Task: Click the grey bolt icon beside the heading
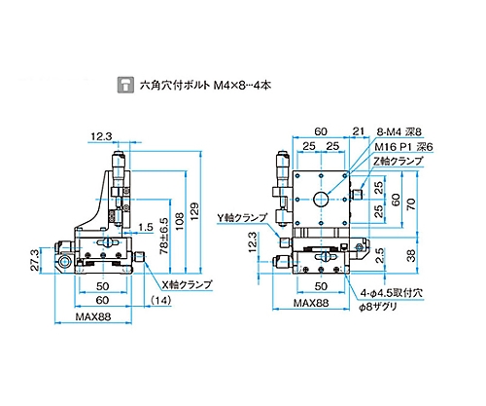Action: (125, 85)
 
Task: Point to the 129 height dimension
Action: (194, 211)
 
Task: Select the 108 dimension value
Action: (179, 222)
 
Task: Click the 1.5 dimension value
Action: (146, 227)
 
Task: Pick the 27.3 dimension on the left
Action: (35, 260)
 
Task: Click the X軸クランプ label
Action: (187, 284)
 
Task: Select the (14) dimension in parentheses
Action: (161, 301)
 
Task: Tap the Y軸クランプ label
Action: (242, 218)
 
